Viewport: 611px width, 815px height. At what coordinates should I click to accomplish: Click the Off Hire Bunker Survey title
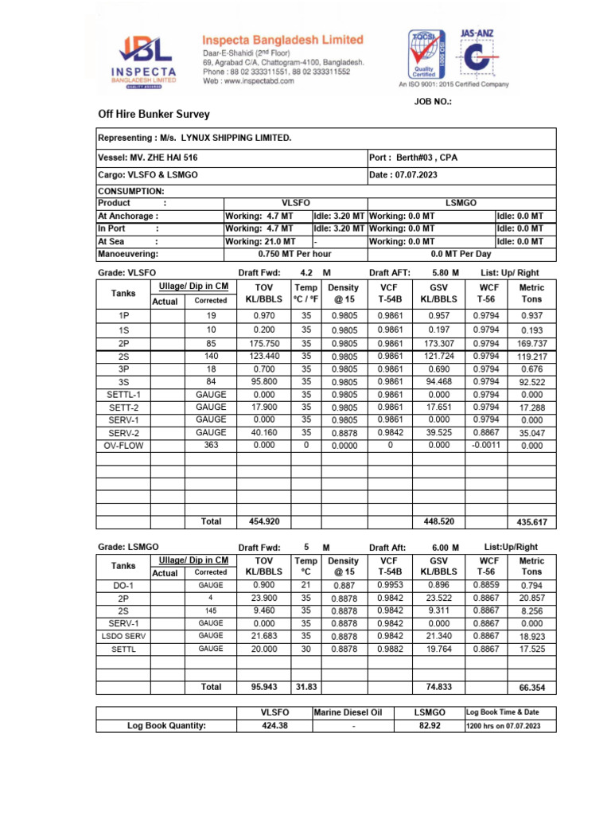point(154,114)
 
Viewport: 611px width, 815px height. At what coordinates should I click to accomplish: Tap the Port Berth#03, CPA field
point(414,158)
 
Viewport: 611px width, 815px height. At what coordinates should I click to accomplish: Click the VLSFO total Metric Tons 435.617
point(531,522)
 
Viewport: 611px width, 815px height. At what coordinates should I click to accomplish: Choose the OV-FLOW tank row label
point(123,446)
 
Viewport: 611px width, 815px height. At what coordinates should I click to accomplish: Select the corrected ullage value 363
point(211,446)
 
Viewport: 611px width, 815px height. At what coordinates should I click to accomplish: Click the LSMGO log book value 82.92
point(430,726)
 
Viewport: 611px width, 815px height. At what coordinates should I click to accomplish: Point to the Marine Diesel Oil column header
point(353,712)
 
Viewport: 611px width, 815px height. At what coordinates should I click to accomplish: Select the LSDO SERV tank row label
point(123,636)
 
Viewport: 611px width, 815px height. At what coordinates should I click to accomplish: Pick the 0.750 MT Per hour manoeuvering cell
point(295,254)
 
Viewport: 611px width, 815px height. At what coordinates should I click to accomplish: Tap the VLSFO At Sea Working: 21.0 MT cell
point(259,241)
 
